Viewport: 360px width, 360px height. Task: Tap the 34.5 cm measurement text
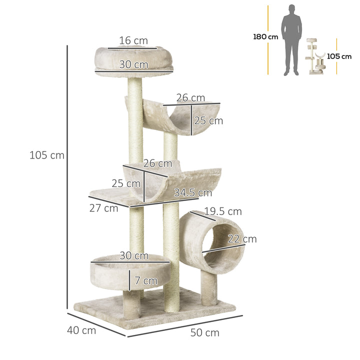pos(193,192)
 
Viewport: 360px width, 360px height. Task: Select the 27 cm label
pos(104,208)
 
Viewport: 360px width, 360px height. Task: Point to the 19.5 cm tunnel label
pos(223,211)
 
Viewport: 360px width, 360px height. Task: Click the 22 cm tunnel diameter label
pos(242,239)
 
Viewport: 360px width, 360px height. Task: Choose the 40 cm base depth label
pos(81,330)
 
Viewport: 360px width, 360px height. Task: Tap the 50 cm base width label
pos(204,332)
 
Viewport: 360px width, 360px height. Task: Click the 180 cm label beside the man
pos(265,37)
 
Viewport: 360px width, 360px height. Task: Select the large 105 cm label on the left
pos(47,155)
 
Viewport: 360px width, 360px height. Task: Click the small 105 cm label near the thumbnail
pos(339,56)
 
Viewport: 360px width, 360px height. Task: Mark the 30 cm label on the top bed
pos(133,64)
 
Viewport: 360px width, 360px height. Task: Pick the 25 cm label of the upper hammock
pos(209,120)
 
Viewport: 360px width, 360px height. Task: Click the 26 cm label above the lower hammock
pos(157,163)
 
